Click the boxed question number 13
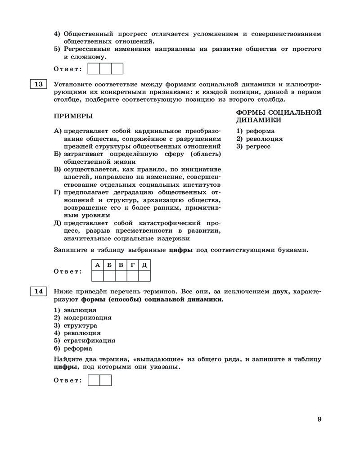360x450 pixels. click(38, 84)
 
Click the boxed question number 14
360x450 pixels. click(38, 291)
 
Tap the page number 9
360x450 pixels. click(319, 419)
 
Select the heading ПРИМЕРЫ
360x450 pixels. click(73, 116)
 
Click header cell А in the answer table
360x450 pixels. click(98, 264)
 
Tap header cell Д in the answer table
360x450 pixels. click(144, 264)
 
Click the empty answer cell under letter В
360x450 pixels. click(121, 275)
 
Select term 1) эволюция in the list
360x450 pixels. click(75, 310)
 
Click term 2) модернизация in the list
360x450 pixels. click(83, 318)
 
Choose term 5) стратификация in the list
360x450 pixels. click(85, 341)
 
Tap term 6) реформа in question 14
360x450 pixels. click(73, 348)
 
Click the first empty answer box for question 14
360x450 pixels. click(94, 381)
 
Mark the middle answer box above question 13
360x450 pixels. click(105, 68)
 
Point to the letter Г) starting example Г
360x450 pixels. click(58, 193)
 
